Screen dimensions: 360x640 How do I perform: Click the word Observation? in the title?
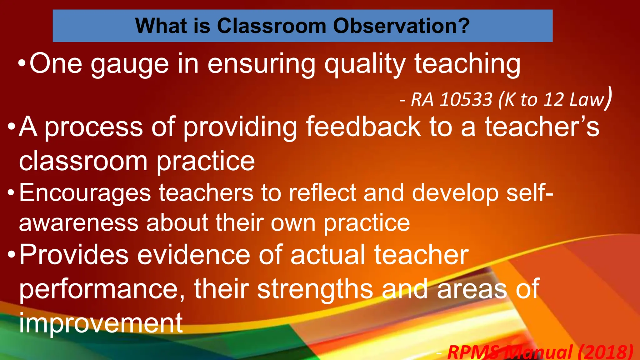(x=401, y=26)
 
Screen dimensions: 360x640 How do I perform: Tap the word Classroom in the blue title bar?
(x=272, y=26)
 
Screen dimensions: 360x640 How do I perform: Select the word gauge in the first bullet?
(x=130, y=65)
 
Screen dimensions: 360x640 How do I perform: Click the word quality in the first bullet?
(x=365, y=65)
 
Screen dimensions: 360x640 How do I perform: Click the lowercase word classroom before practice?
(x=83, y=161)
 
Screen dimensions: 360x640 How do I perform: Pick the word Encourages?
(x=85, y=193)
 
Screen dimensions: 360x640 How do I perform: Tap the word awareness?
(x=78, y=223)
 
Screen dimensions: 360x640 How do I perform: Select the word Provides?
(x=74, y=255)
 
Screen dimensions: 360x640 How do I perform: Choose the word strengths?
(x=315, y=289)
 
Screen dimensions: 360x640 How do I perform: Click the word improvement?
(x=101, y=323)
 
